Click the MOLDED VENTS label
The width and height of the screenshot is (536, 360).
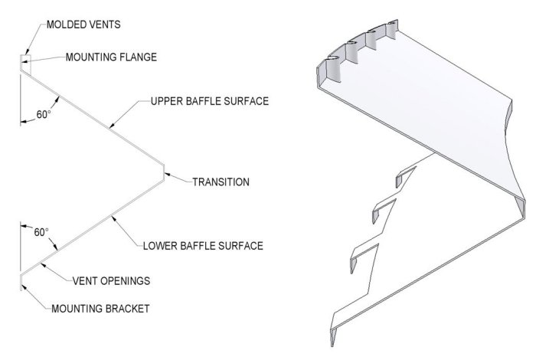coord(83,25)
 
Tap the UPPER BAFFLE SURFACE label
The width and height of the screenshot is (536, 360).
coord(210,101)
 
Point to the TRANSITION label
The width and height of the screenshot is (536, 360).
coord(221,182)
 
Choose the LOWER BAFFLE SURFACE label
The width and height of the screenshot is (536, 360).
coord(203,246)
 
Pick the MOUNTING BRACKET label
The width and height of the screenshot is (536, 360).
coord(100,309)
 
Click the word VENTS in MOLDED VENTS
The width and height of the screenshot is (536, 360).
coord(104,25)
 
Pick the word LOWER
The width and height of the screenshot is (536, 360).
coord(161,246)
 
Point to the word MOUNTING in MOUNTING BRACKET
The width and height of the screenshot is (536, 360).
coord(77,309)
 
